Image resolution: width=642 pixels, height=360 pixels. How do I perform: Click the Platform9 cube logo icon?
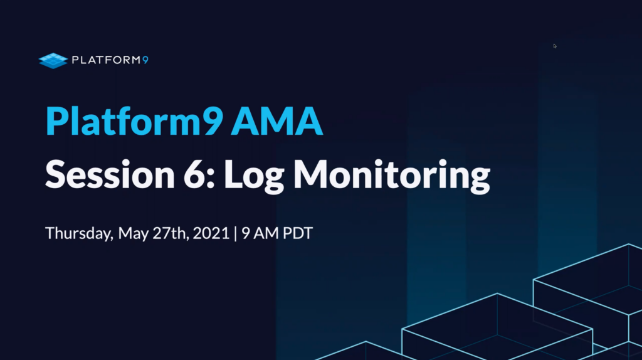click(x=53, y=61)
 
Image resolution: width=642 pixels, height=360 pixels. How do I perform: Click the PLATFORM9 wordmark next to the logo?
click(x=110, y=60)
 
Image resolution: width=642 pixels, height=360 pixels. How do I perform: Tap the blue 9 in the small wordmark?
click(x=145, y=60)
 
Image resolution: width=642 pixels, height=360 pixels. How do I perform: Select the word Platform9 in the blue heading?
click(x=134, y=121)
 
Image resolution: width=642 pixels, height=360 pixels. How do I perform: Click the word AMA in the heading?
click(x=276, y=121)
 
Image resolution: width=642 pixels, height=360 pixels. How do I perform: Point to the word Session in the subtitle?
click(x=110, y=174)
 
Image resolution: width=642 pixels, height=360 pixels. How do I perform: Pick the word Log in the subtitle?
click(x=254, y=177)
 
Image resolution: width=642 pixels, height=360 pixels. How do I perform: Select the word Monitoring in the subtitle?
click(x=392, y=177)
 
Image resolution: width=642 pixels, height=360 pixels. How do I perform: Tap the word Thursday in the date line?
click(x=78, y=233)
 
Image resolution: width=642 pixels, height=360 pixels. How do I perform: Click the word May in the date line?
click(x=133, y=234)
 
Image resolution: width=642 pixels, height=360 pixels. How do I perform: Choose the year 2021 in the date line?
click(x=211, y=233)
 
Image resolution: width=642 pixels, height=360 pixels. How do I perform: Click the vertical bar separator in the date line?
click(x=236, y=233)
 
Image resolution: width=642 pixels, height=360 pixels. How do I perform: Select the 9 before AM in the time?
click(x=246, y=233)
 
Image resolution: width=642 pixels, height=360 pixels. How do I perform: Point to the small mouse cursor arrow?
click(x=555, y=46)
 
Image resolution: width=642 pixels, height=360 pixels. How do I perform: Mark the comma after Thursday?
click(x=112, y=238)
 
